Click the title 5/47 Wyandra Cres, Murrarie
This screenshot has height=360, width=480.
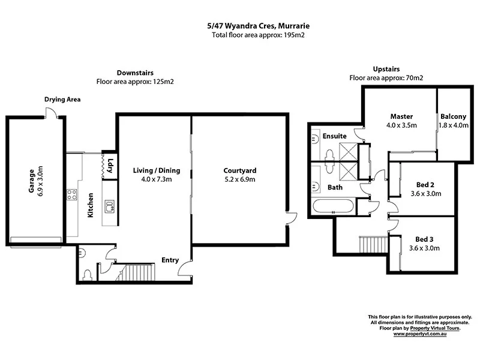(x=239, y=26)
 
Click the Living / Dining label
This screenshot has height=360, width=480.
(x=152, y=170)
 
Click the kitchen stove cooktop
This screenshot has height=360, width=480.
(x=72, y=194)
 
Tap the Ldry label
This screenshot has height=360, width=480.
(x=110, y=164)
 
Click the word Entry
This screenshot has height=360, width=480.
(x=170, y=260)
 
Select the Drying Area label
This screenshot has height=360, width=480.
(x=62, y=99)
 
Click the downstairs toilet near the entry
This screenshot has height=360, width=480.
(x=88, y=274)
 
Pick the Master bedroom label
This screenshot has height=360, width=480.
(x=401, y=116)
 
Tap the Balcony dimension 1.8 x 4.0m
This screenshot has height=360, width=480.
(x=453, y=125)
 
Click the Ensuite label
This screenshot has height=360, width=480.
(x=335, y=136)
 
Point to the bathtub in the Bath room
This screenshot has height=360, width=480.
(x=334, y=208)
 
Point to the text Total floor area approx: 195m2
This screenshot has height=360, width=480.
(x=239, y=35)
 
